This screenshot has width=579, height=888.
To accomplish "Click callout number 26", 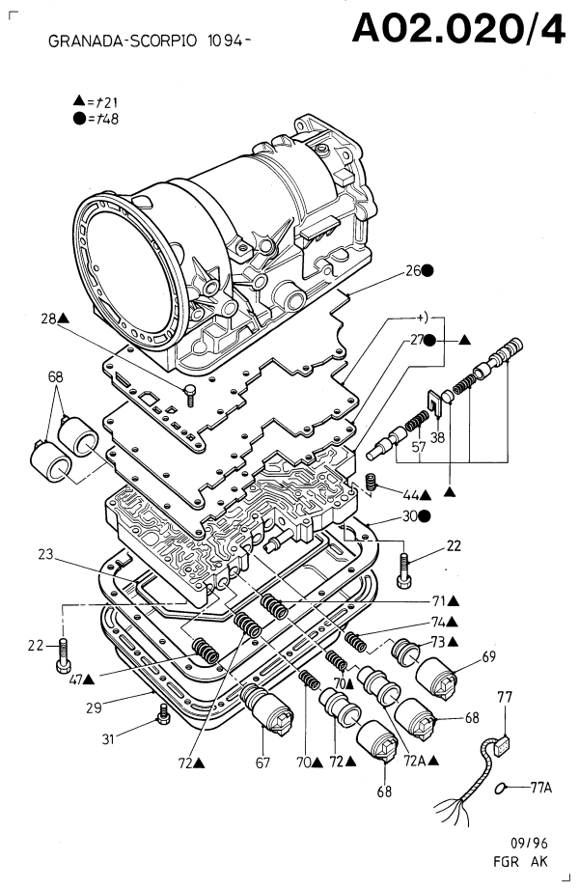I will point(412,272).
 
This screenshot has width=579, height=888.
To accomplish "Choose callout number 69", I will point(489,656).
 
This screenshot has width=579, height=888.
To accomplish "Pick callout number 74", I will point(439,623).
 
